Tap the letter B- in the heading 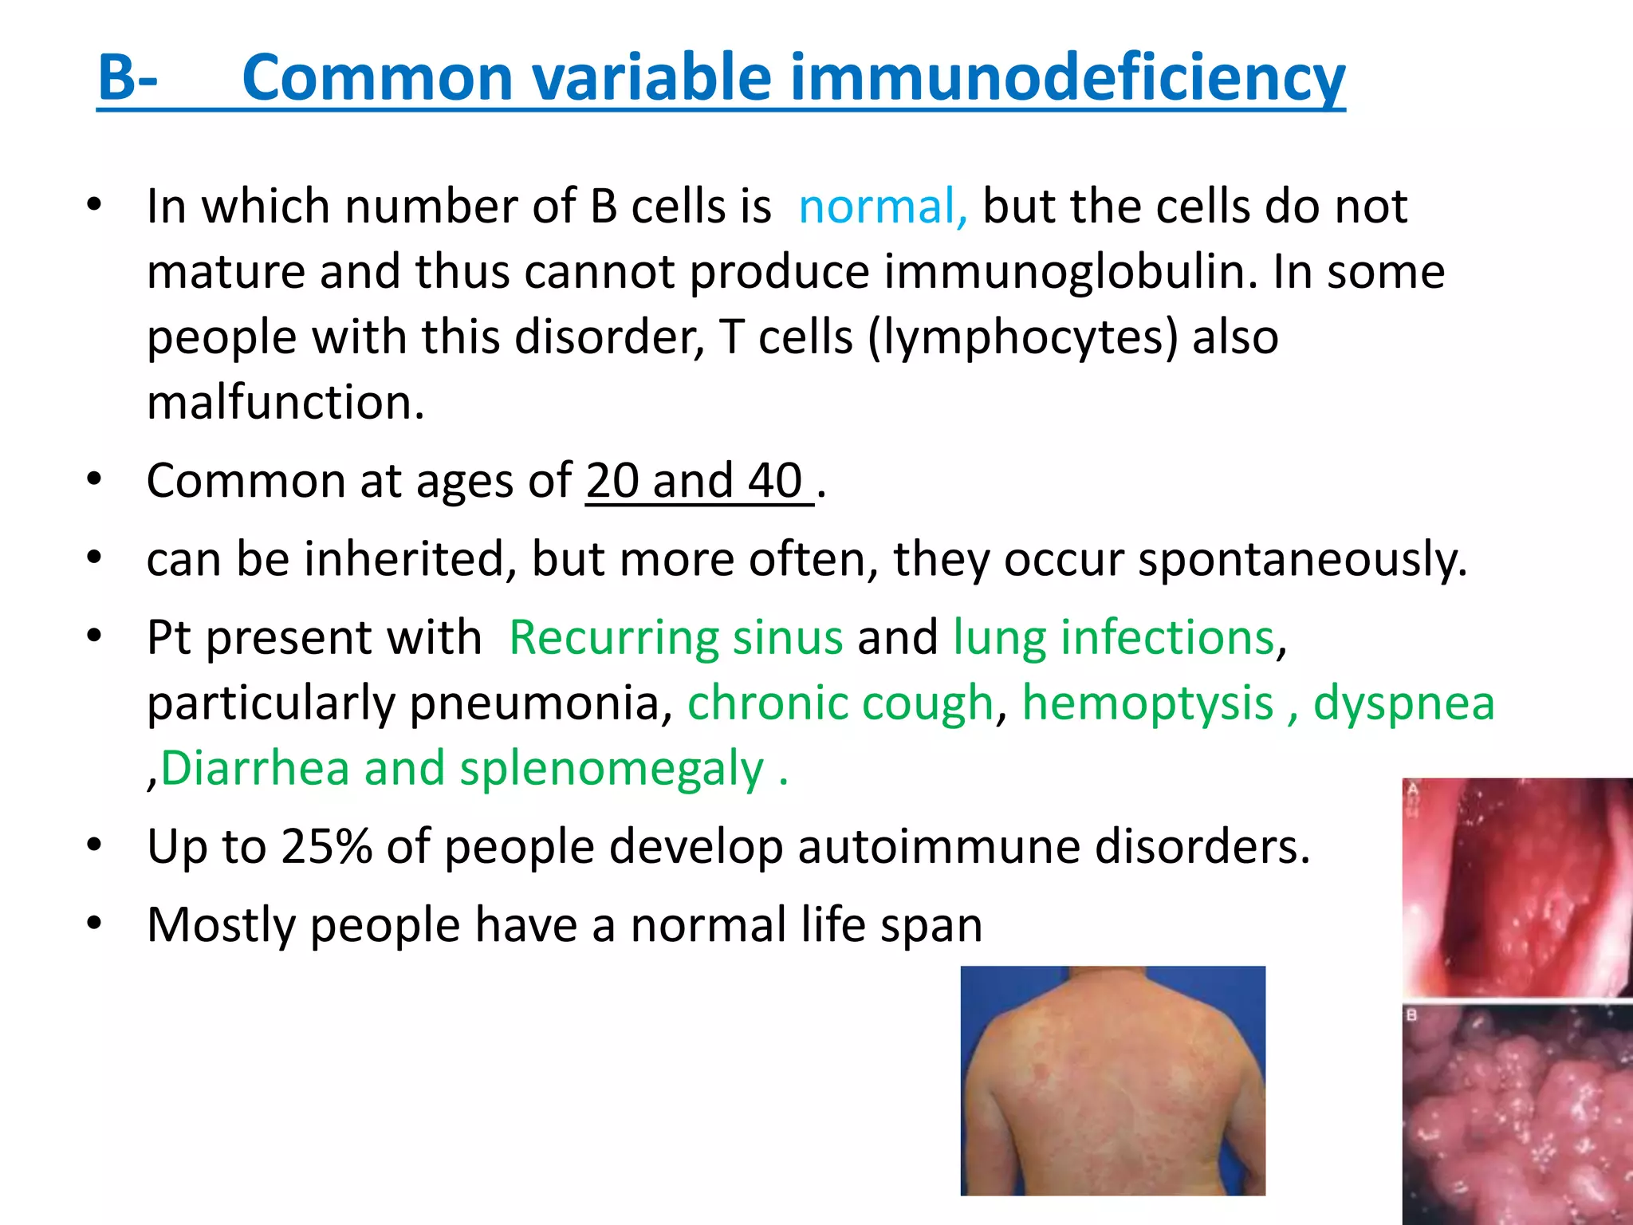click(x=128, y=78)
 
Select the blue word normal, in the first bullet click(x=883, y=207)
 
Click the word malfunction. click(x=285, y=402)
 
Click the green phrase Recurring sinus click(x=675, y=638)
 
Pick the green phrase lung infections click(x=1114, y=638)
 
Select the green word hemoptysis click(x=1147, y=703)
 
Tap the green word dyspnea click(x=1403, y=703)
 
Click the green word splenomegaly click(x=612, y=769)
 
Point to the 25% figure click(x=327, y=846)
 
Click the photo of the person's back click(x=1112, y=1081)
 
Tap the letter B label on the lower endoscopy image click(x=1412, y=1016)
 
